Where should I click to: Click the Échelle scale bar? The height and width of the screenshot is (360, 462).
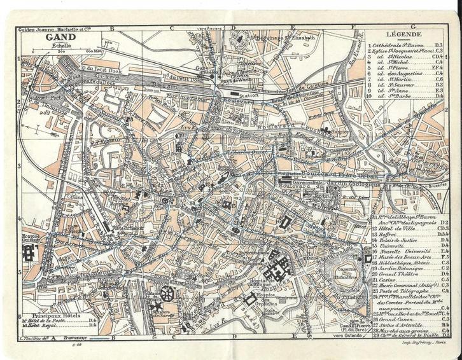pos(64,50)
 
